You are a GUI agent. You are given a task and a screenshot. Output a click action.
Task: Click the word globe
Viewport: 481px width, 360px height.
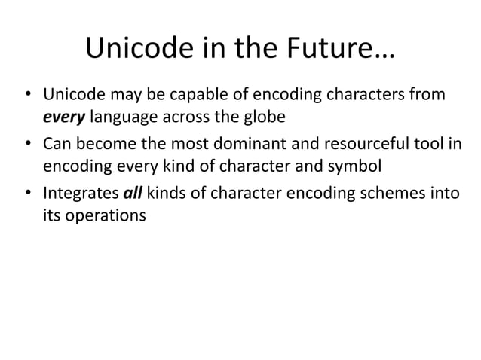[x=261, y=117]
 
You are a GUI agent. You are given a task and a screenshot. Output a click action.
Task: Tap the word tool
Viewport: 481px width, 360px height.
[x=429, y=144]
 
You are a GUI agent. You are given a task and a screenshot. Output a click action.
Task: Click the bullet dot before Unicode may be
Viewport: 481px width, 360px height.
[x=27, y=96]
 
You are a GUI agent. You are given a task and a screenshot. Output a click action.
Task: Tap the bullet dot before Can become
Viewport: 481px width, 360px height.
[x=27, y=144]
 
